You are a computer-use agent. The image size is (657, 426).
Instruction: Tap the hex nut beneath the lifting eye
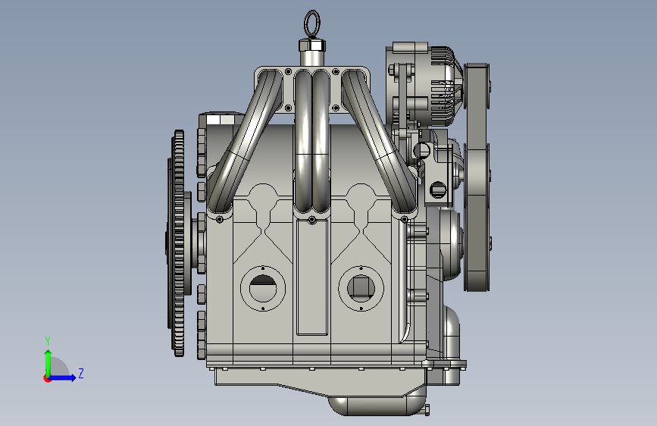click(312, 45)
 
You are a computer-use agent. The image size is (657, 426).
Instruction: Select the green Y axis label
click(48, 340)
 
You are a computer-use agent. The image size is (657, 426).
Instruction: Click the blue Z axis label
click(81, 373)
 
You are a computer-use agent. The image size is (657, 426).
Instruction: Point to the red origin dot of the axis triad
click(47, 378)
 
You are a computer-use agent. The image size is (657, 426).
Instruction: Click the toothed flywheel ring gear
click(179, 243)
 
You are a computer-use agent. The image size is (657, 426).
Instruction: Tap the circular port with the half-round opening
click(263, 289)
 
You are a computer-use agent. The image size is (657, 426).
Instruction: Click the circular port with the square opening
click(361, 289)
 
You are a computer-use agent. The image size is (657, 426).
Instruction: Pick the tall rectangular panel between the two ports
click(312, 277)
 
